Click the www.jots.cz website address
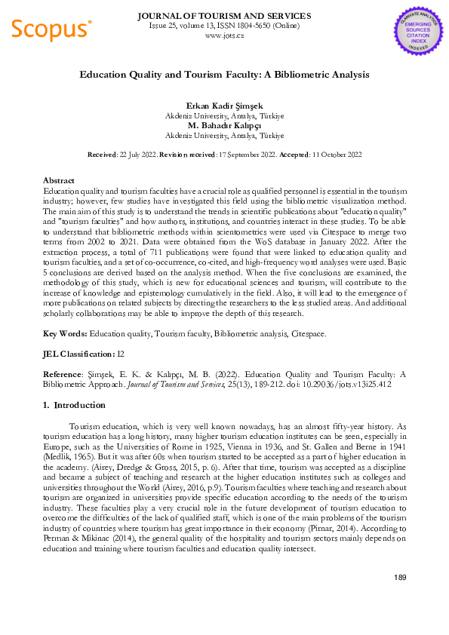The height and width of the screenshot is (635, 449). point(224,35)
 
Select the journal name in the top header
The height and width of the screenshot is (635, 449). point(224,15)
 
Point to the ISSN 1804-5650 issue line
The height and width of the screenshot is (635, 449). point(224,25)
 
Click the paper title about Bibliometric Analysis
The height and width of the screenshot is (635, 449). point(224,75)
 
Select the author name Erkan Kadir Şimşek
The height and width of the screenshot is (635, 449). point(224,106)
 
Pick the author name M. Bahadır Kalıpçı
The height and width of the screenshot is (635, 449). point(224,125)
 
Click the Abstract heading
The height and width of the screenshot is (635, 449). point(59,181)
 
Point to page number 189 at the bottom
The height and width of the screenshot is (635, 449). point(400,578)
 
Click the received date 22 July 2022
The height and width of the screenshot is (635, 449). point(137,154)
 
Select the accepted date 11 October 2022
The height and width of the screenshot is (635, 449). point(337,154)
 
